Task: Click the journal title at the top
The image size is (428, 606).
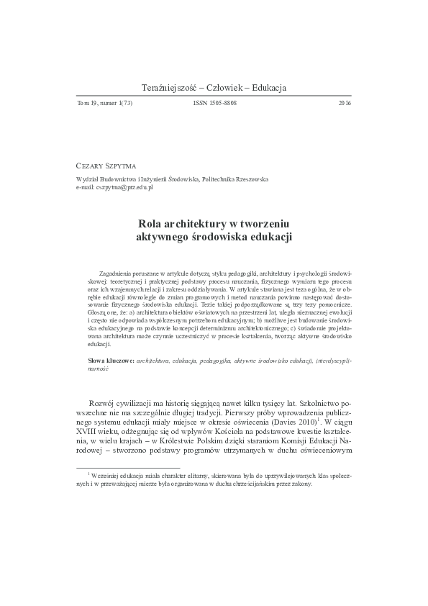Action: [x=214, y=87]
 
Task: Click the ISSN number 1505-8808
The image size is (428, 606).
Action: [x=214, y=104]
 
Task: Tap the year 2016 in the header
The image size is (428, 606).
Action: [x=344, y=104]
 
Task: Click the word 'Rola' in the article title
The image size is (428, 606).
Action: [x=152, y=223]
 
